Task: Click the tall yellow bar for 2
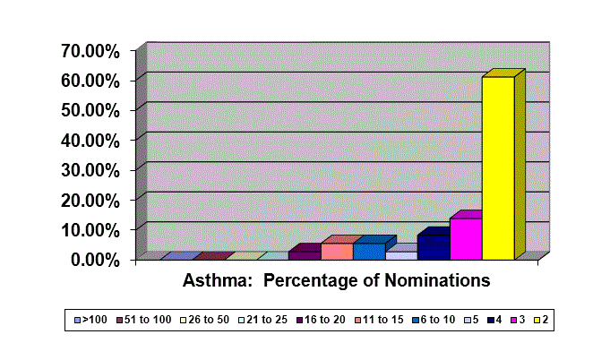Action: coord(498,168)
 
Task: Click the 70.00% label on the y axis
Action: coord(90,51)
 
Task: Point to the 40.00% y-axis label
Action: coord(90,141)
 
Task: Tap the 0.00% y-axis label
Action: coord(95,260)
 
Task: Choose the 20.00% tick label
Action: coord(90,201)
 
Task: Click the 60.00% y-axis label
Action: coord(90,81)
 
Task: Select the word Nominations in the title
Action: coord(437,280)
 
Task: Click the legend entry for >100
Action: coord(90,320)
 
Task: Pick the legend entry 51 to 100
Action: coord(144,320)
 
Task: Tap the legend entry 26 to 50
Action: coord(204,320)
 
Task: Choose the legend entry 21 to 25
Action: coord(263,320)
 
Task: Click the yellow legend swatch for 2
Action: coord(537,321)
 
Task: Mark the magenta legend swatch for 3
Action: coord(513,321)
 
